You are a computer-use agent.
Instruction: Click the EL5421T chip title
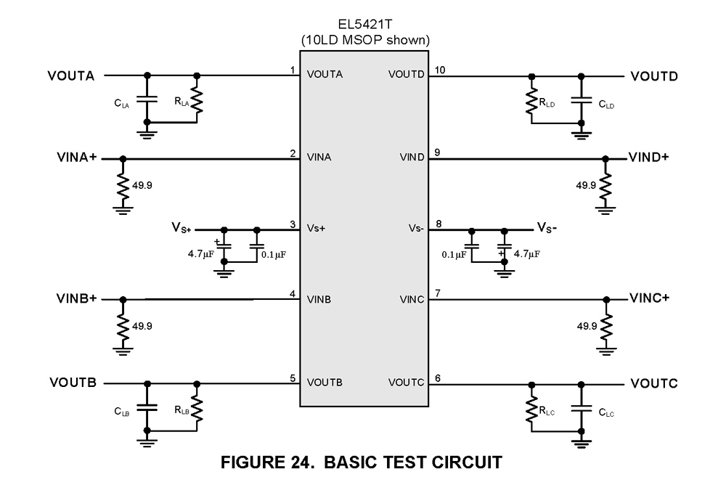[364, 23]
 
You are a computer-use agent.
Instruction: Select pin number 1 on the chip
[292, 70]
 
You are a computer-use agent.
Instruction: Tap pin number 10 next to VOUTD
[440, 70]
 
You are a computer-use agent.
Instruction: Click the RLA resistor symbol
[196, 99]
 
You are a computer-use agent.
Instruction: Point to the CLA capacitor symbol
[147, 98]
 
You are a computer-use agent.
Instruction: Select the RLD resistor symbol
[532, 100]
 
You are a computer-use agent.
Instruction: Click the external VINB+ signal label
[77, 299]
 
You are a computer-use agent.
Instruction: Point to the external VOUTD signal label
[654, 76]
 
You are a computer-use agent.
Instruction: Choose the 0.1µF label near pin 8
[455, 254]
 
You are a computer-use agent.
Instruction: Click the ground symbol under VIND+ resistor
[605, 211]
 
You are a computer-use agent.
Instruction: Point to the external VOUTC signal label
[654, 383]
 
